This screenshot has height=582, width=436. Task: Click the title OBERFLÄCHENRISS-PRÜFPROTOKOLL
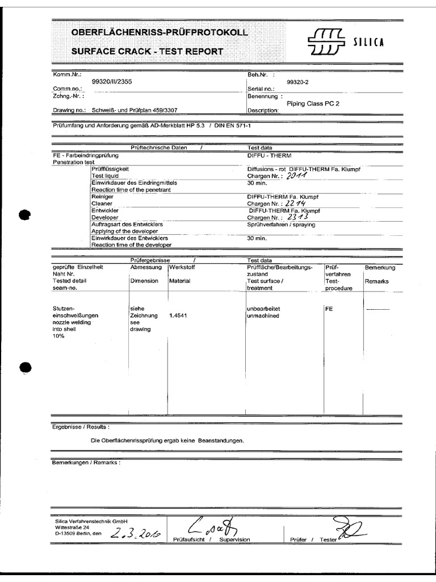(160, 34)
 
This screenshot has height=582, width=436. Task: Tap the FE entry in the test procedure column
(329, 309)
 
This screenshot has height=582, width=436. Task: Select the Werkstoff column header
(182, 267)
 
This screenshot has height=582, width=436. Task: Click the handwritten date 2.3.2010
(135, 533)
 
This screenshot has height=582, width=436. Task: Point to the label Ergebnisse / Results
(81, 426)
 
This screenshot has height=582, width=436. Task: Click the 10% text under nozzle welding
(58, 336)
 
